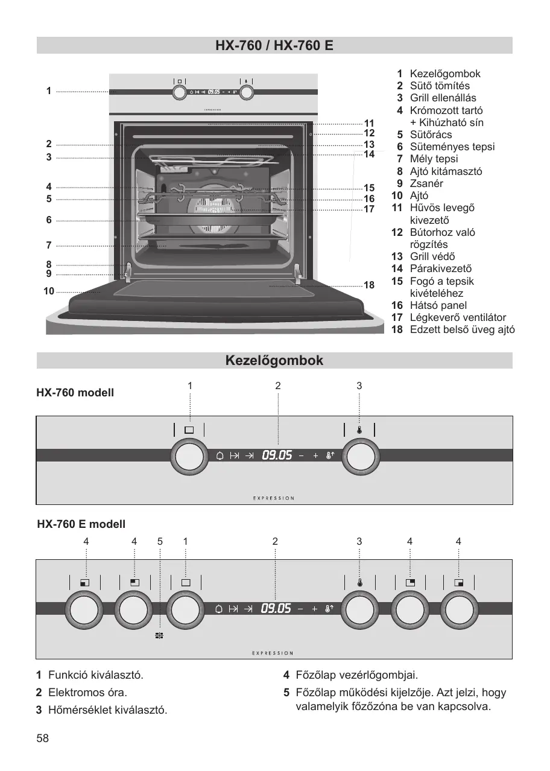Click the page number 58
(x=43, y=738)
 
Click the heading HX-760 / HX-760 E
(x=274, y=45)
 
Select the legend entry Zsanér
(x=426, y=183)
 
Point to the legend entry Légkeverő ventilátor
(x=458, y=317)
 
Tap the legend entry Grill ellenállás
(x=443, y=98)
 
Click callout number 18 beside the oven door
(x=369, y=285)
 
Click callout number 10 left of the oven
(x=49, y=291)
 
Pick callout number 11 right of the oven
(x=369, y=123)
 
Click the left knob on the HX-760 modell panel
(x=189, y=457)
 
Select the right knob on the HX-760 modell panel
(x=361, y=457)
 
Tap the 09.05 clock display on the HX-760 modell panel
(x=277, y=455)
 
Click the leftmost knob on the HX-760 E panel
(x=84, y=609)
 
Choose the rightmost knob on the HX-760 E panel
(x=459, y=609)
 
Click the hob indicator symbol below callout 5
(x=159, y=635)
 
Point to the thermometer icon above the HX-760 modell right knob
(x=359, y=430)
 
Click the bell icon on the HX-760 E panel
(x=218, y=609)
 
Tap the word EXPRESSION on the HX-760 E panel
(x=273, y=653)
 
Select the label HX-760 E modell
(x=81, y=524)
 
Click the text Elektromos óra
(x=88, y=692)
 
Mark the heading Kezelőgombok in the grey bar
(x=274, y=360)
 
